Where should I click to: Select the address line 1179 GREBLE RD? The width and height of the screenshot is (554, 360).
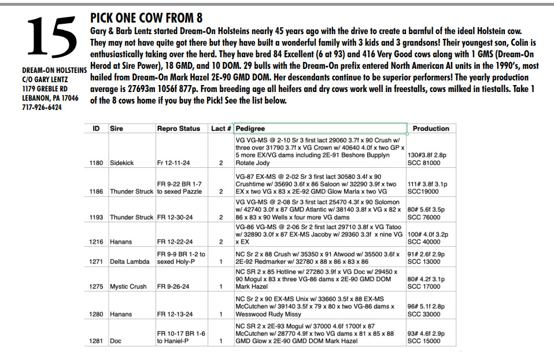pos(46,89)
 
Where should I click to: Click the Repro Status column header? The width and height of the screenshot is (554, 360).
pos(179,128)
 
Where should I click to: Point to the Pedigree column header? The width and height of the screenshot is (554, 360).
pos(250,128)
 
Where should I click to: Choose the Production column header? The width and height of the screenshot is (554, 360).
pos(431,128)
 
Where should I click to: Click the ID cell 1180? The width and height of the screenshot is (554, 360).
pos(97,163)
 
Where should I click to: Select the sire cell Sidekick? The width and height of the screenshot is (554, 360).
pos(121,163)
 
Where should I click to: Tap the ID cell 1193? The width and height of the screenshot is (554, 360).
pos(97,217)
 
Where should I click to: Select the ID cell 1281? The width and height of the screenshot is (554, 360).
pos(97,341)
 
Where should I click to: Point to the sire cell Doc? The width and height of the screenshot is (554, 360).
pos(116,341)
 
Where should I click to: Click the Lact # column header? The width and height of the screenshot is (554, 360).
pos(221,128)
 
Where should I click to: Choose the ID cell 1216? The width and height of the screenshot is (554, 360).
pos(97,242)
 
